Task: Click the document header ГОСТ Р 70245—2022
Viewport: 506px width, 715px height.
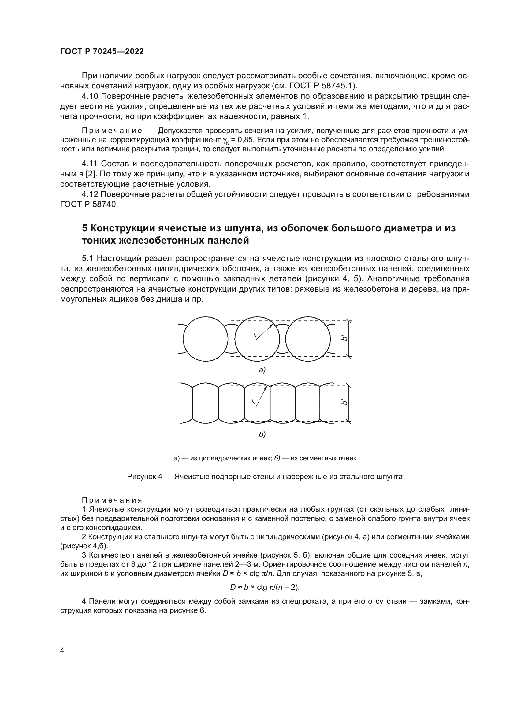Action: (x=102, y=51)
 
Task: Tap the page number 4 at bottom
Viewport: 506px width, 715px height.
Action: (x=62, y=650)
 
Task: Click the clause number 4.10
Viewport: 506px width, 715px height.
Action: (x=90, y=96)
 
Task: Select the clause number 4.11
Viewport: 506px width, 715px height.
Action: (x=90, y=164)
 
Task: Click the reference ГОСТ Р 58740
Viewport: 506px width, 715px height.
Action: (x=89, y=204)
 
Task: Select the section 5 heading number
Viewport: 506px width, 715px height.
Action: (x=85, y=228)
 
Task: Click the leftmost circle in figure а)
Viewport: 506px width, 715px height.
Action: (x=205, y=339)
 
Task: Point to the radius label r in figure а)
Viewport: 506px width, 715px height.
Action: (x=255, y=335)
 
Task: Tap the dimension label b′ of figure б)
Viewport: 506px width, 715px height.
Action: (x=344, y=402)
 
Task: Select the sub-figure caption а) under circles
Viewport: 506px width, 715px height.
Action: (x=262, y=370)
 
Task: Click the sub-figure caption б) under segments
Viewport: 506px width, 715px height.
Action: (x=262, y=434)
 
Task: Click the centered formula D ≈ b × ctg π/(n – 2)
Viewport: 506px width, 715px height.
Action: (x=265, y=587)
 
